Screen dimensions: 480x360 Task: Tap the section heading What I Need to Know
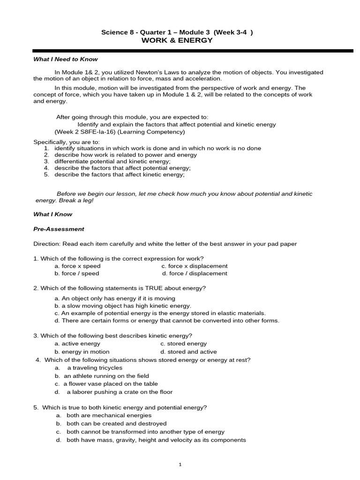point(65,60)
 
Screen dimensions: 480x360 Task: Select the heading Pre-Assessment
point(59,229)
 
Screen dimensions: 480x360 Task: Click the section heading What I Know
point(52,214)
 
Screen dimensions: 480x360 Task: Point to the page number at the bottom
point(180,465)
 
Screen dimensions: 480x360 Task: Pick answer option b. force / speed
point(77,273)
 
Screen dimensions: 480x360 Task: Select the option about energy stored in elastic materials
point(160,313)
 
